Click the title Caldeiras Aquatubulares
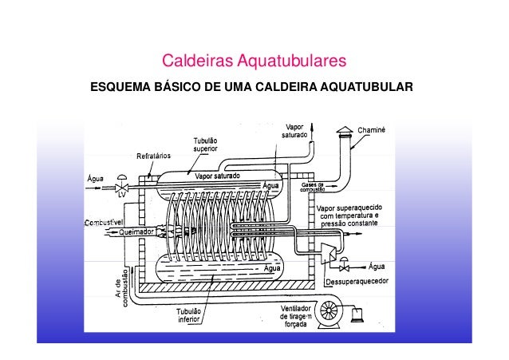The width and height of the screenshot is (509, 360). point(254,61)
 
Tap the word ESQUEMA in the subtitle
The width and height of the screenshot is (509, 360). point(123,85)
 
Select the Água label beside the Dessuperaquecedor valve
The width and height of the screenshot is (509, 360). point(379,266)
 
